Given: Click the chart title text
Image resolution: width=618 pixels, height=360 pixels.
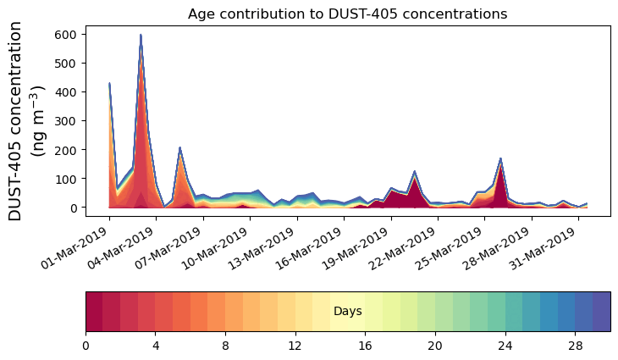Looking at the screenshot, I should (347, 14).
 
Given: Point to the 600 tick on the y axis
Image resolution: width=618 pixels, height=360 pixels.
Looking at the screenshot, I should (67, 34).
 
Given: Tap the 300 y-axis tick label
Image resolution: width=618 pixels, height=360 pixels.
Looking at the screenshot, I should (67, 120).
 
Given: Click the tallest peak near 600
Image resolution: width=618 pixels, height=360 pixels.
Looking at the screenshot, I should (141, 36).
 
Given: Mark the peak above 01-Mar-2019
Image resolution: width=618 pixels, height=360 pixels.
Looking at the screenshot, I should (109, 83).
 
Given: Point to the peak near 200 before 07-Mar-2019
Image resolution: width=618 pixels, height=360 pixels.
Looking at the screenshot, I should (179, 148).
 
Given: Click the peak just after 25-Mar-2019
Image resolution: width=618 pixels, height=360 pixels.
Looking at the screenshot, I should (500, 158).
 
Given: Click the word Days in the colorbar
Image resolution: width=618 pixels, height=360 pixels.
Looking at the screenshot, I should (348, 312).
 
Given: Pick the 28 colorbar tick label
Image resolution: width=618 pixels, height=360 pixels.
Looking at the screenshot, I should (576, 346).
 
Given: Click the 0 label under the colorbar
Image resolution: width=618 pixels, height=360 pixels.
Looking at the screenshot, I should (86, 346).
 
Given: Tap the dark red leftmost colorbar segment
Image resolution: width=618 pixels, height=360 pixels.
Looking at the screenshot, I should (94, 312).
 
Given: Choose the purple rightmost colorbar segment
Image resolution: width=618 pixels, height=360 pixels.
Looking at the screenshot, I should (601, 312).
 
